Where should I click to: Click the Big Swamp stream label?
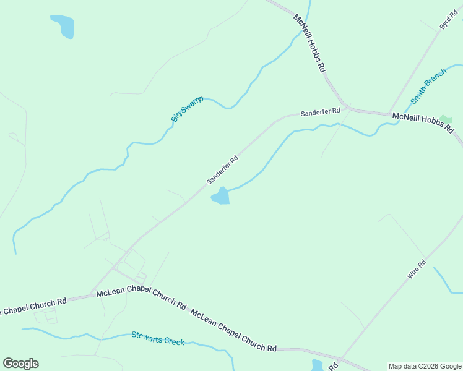187,108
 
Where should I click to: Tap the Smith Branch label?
428,86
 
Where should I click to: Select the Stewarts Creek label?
157,338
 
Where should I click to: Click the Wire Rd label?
417,270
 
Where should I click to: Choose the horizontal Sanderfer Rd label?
320,113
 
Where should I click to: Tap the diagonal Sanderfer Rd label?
222,169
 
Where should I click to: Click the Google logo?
20,364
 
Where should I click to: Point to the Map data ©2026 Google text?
425,366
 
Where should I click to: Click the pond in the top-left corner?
63,26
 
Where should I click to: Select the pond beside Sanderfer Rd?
221,197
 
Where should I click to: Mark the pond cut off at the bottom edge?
318,365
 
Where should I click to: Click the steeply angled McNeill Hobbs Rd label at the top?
309,44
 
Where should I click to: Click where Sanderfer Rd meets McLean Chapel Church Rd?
93,294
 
